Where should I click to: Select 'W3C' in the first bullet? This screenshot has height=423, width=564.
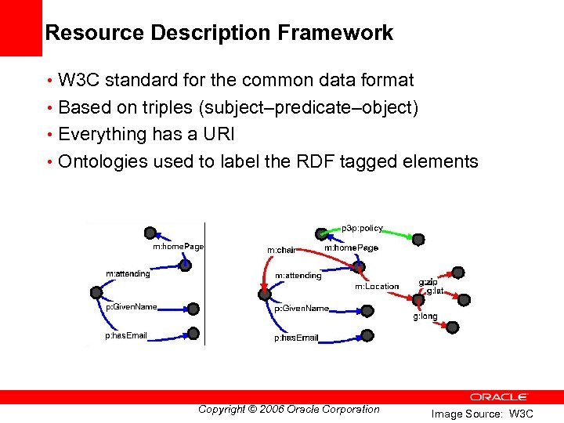click(80, 80)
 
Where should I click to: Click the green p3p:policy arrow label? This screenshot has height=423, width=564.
click(362, 228)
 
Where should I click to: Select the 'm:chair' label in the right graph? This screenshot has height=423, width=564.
click(281, 250)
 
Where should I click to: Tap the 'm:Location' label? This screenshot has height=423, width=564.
click(377, 286)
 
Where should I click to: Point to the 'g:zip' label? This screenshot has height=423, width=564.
click(428, 281)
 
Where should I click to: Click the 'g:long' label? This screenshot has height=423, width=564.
click(425, 316)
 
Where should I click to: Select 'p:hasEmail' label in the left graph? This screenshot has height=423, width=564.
click(126, 336)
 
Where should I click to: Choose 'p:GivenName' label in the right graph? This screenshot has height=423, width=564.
click(302, 308)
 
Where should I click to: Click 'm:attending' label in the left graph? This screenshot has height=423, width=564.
click(128, 273)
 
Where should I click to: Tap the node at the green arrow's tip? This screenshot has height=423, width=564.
click(419, 239)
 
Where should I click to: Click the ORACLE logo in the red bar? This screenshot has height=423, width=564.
click(499, 397)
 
